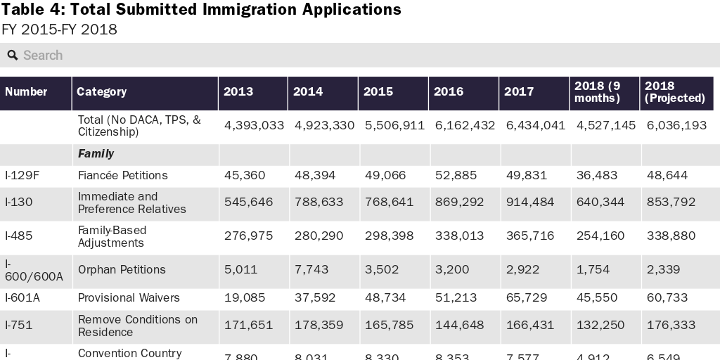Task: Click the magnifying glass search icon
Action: (13, 56)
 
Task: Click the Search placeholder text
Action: (43, 56)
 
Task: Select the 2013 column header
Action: (238, 92)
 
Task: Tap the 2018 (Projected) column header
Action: (674, 92)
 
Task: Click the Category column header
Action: (101, 92)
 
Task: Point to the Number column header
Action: (26, 92)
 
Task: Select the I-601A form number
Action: (22, 298)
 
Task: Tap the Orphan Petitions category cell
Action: (122, 270)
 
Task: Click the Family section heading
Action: (96, 154)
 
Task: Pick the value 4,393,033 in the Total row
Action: (254, 126)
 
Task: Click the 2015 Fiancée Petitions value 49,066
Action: (385, 176)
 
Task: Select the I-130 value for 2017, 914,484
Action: (529, 202)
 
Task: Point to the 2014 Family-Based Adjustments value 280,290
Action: (319, 236)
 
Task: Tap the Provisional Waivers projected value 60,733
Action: (667, 298)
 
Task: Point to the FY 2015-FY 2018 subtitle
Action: (58, 30)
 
